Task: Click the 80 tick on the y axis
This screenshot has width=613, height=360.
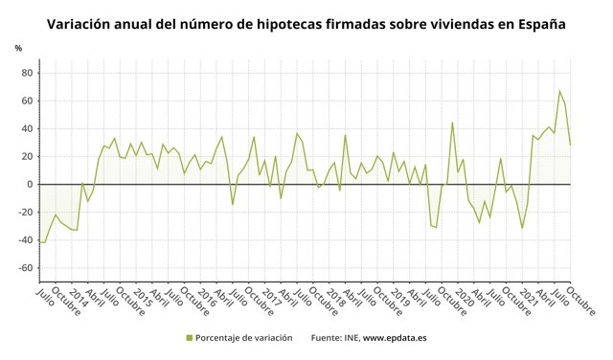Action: (27, 73)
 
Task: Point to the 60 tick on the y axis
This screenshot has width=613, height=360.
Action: (27, 101)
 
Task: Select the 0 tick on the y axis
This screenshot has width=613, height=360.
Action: (30, 184)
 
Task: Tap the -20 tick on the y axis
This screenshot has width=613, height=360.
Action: (25, 213)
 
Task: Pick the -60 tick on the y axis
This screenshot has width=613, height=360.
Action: (25, 268)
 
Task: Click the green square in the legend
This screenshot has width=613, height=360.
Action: (189, 338)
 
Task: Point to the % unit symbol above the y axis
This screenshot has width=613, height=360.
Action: (18, 48)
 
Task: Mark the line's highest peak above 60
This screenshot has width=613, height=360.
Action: (559, 91)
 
